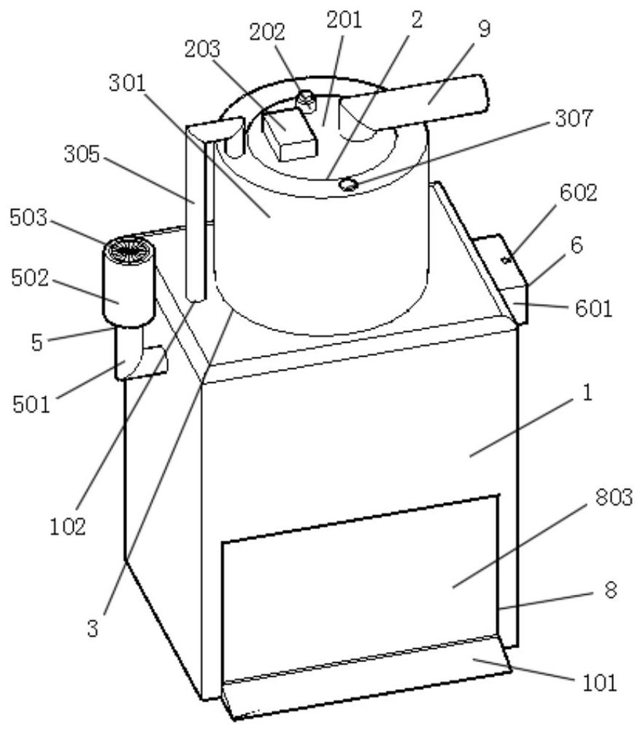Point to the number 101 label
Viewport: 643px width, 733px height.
pos(601,684)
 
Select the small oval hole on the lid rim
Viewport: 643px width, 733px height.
pos(349,186)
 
